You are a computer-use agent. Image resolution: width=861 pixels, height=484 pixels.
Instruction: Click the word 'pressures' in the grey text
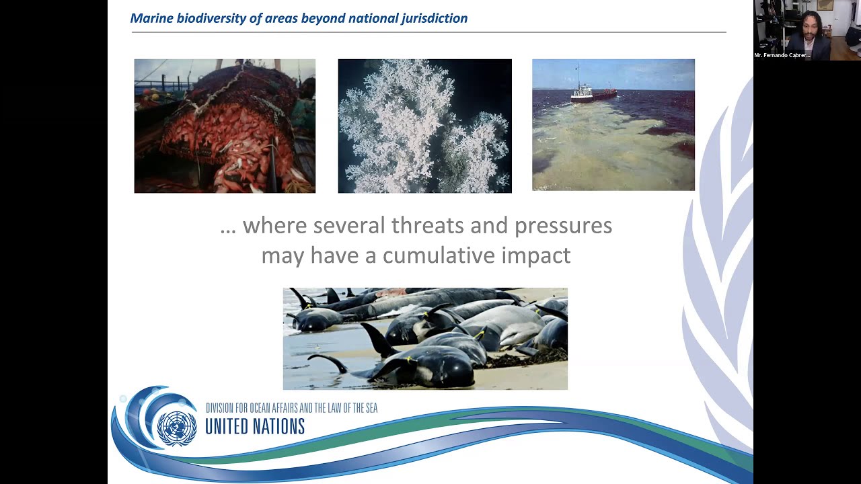563,226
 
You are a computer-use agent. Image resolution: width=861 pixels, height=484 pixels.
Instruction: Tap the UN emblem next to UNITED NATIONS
177,427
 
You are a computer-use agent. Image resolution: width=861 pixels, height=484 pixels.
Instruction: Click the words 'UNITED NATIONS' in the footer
255,426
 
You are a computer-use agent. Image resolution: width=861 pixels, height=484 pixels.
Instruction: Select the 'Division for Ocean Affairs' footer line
291,408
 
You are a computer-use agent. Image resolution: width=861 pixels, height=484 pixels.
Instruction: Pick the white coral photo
424,126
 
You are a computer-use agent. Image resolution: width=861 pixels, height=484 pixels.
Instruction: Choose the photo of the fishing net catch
225,126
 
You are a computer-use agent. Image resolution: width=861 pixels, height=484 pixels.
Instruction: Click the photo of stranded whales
425,339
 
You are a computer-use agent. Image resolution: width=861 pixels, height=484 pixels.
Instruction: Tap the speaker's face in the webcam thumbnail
808,26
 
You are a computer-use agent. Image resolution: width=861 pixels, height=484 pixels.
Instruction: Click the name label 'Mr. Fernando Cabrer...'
782,55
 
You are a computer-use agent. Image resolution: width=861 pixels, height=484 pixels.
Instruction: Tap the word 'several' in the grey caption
349,226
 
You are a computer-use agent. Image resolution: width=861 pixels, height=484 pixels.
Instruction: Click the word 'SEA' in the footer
370,408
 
